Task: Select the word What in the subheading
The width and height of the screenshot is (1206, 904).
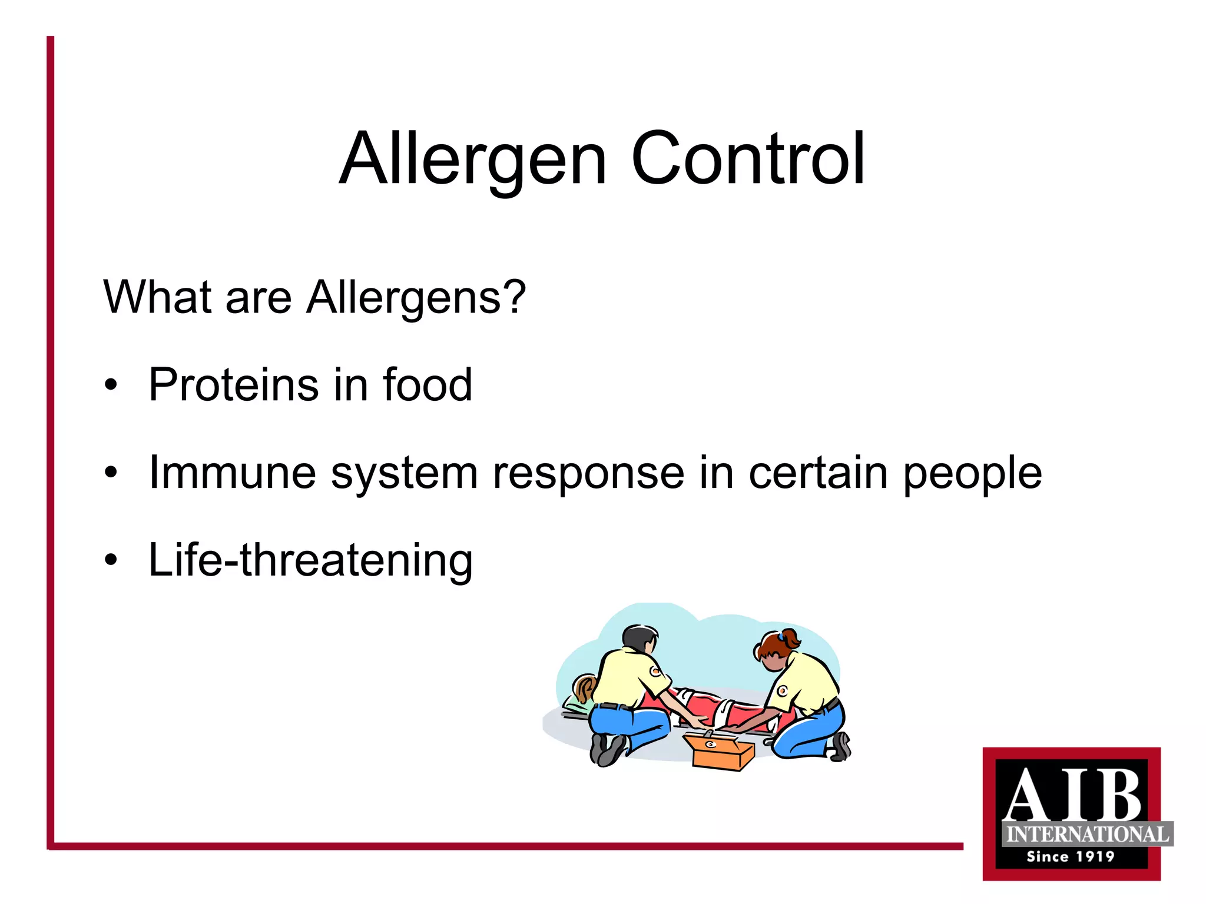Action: tap(157, 297)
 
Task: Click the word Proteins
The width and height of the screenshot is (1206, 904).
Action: tap(234, 385)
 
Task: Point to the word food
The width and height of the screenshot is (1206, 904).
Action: tap(428, 385)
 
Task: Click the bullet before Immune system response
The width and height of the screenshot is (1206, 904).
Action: tap(111, 473)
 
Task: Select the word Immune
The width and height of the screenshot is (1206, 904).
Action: tap(233, 473)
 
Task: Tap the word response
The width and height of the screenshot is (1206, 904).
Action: tap(588, 473)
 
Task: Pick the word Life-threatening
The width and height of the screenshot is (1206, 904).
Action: tap(310, 560)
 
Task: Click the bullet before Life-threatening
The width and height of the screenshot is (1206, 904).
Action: tap(111, 560)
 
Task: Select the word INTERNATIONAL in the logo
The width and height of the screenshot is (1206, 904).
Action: tap(1087, 835)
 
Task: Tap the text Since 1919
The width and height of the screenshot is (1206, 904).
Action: tap(1071, 857)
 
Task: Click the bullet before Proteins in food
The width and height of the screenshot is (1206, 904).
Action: tap(111, 385)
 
